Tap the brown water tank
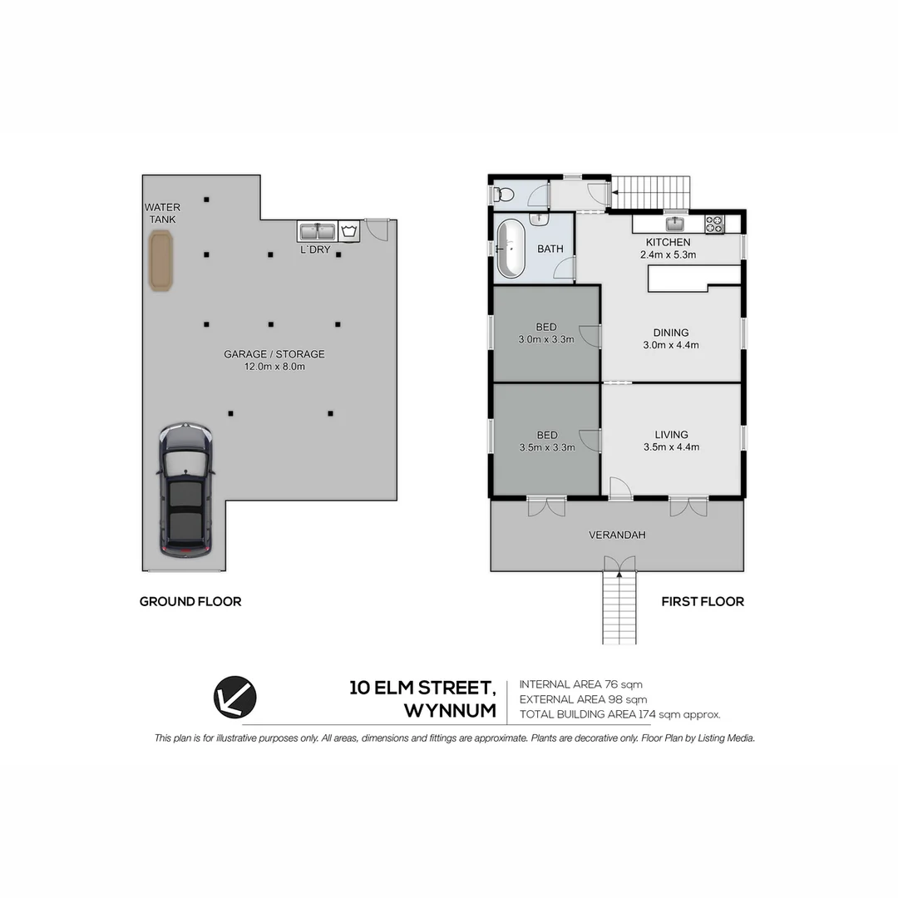(161, 260)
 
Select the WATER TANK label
(160, 213)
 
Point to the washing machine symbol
(349, 230)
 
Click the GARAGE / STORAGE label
(274, 354)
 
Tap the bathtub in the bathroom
(510, 249)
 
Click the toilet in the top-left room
(503, 195)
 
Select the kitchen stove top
(714, 223)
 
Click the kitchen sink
(674, 223)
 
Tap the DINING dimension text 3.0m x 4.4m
(671, 345)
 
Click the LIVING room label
(671, 434)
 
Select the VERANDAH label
(617, 535)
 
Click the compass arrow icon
(235, 697)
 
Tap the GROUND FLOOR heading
(190, 601)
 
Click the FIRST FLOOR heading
(703, 601)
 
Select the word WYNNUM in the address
(450, 712)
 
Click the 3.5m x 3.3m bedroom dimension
(546, 447)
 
